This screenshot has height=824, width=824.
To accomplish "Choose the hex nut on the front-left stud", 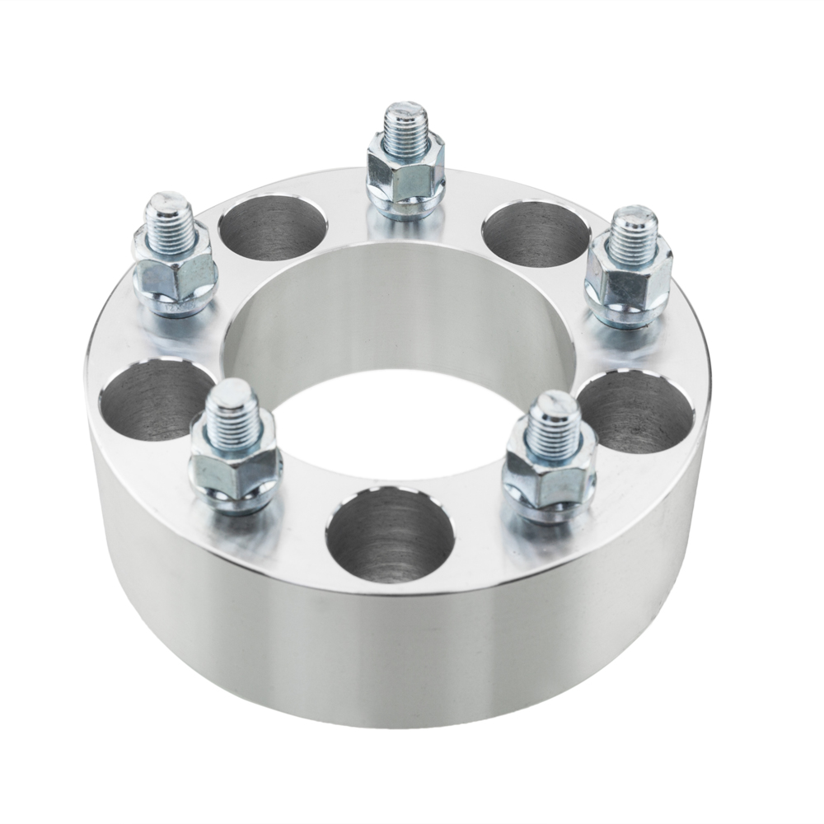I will (235, 470).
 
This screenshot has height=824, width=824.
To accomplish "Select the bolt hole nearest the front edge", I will (390, 536).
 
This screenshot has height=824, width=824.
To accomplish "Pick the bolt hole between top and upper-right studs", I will (536, 235).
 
